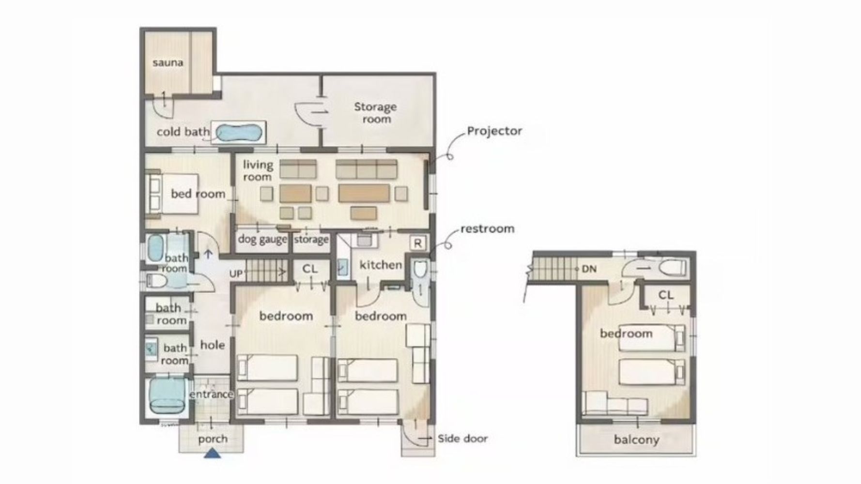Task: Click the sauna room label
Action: pyautogui.click(x=168, y=62)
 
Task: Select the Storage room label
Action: pyautogui.click(x=375, y=113)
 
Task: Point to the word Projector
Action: pyautogui.click(x=494, y=131)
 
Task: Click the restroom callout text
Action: pyautogui.click(x=487, y=229)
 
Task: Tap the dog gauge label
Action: pyautogui.click(x=262, y=239)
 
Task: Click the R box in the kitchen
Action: pyautogui.click(x=418, y=243)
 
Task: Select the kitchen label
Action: pyautogui.click(x=381, y=265)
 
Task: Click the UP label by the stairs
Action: pyautogui.click(x=236, y=274)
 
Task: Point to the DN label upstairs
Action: pyautogui.click(x=589, y=269)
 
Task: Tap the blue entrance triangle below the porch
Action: pyautogui.click(x=212, y=454)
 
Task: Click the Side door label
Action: pyautogui.click(x=462, y=439)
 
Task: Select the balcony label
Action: pyautogui.click(x=636, y=440)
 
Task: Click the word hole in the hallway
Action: pyautogui.click(x=213, y=345)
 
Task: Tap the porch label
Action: pyautogui.click(x=213, y=439)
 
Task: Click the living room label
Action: pyautogui.click(x=258, y=171)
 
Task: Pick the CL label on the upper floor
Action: pyautogui.click(x=666, y=295)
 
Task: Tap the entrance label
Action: pyautogui.click(x=212, y=394)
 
